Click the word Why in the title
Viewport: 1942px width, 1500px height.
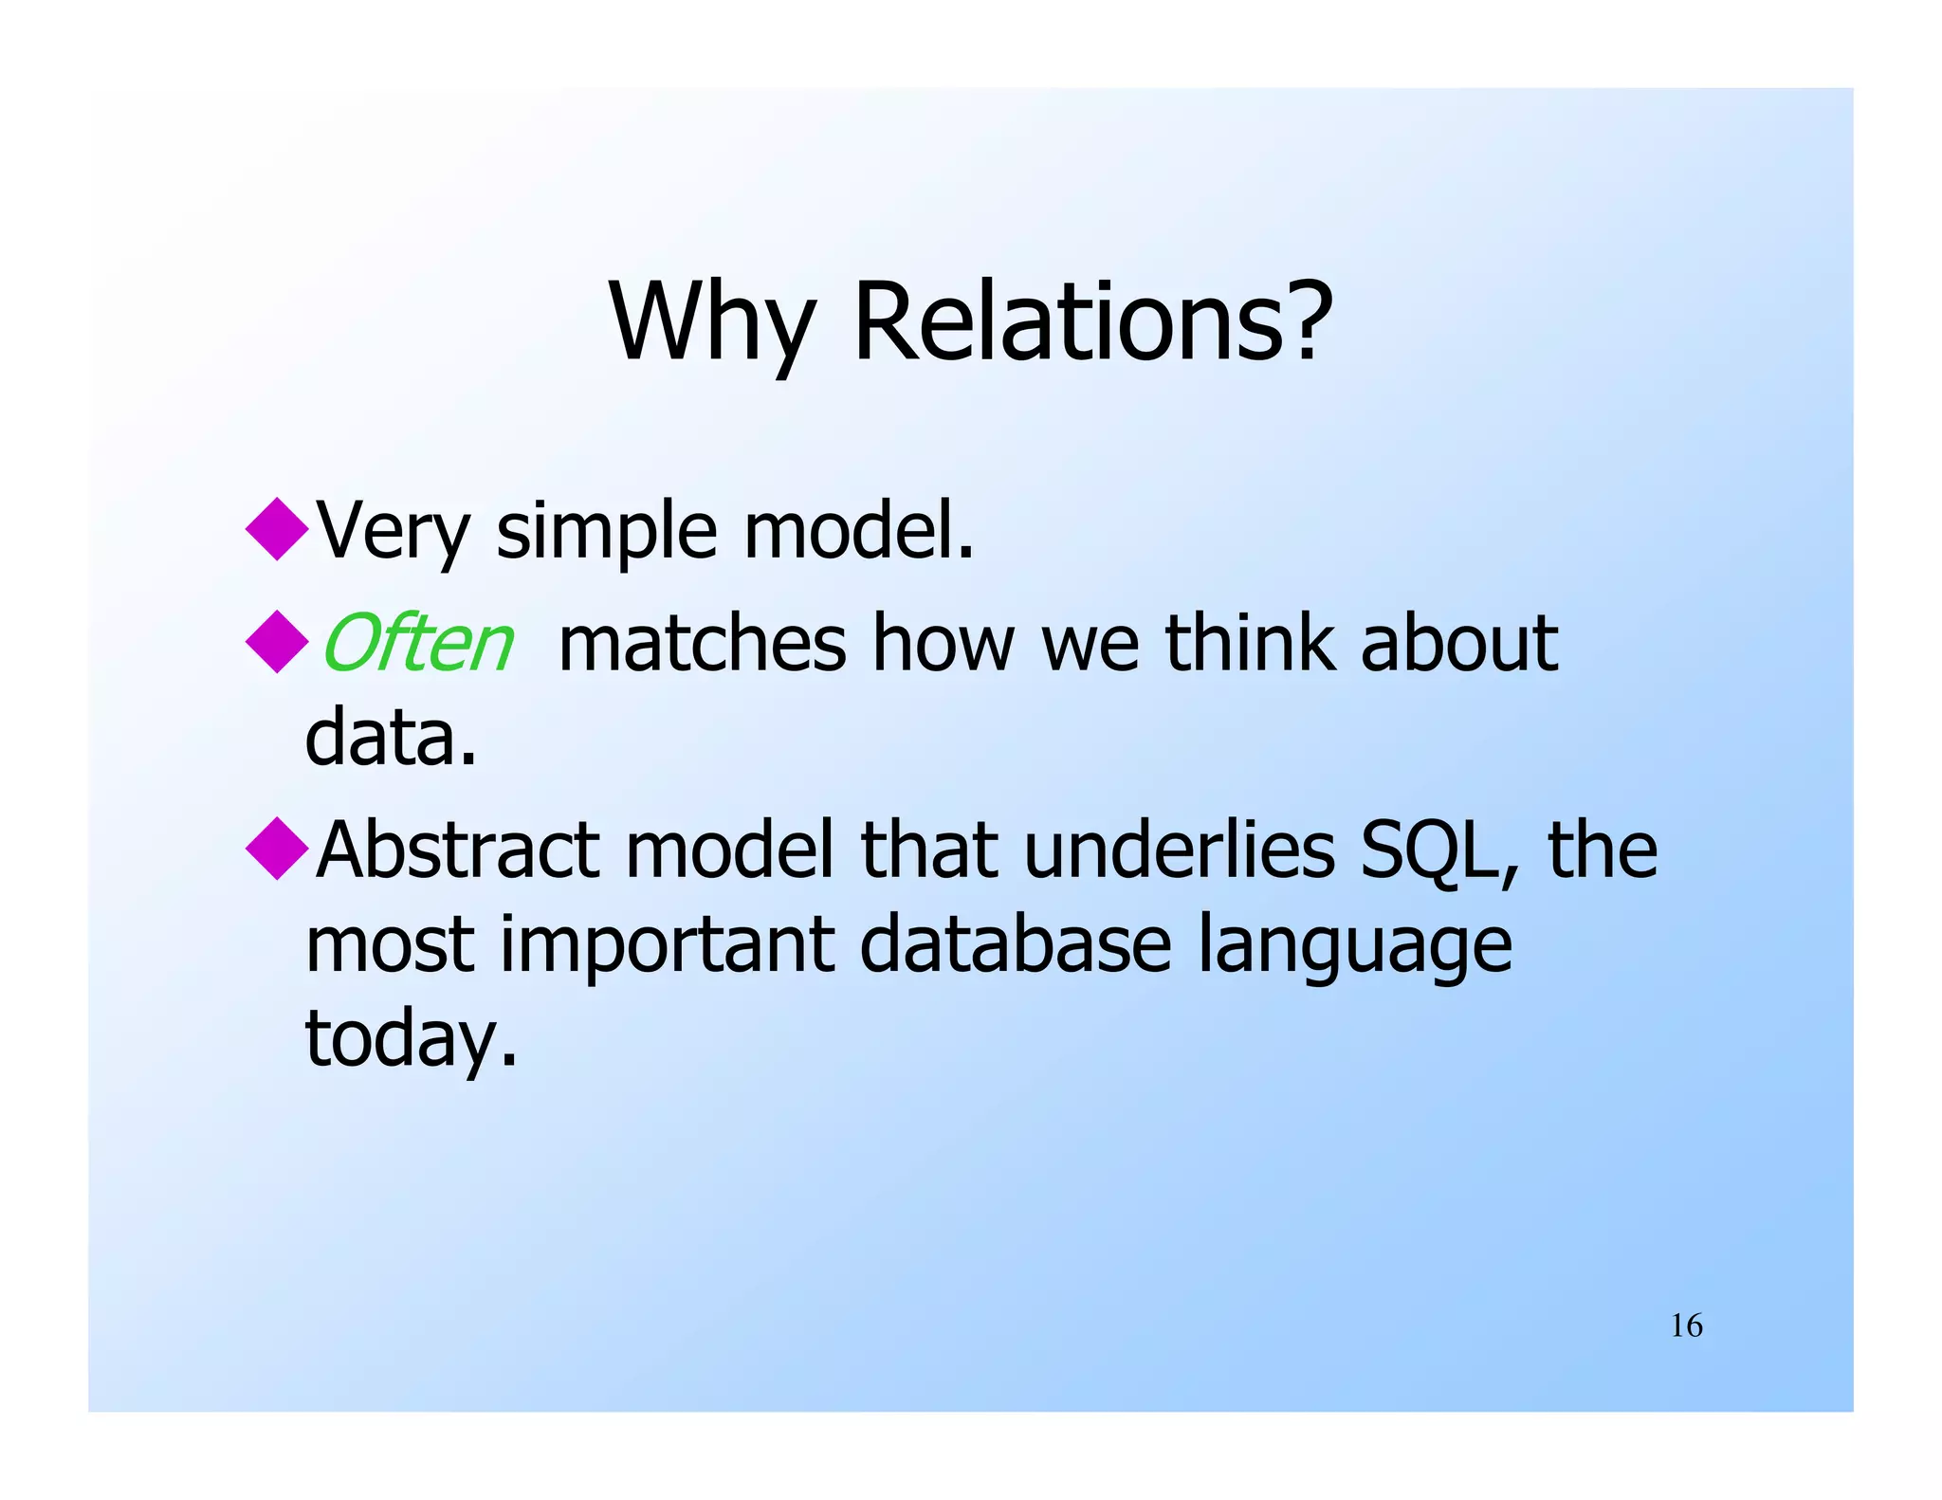click(712, 322)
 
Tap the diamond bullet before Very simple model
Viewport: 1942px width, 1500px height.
click(276, 529)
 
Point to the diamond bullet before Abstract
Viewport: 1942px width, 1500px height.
click(276, 849)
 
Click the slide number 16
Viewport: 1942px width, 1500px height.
click(1686, 1326)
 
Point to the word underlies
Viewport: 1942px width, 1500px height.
click(1180, 851)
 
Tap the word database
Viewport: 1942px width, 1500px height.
click(1016, 945)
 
